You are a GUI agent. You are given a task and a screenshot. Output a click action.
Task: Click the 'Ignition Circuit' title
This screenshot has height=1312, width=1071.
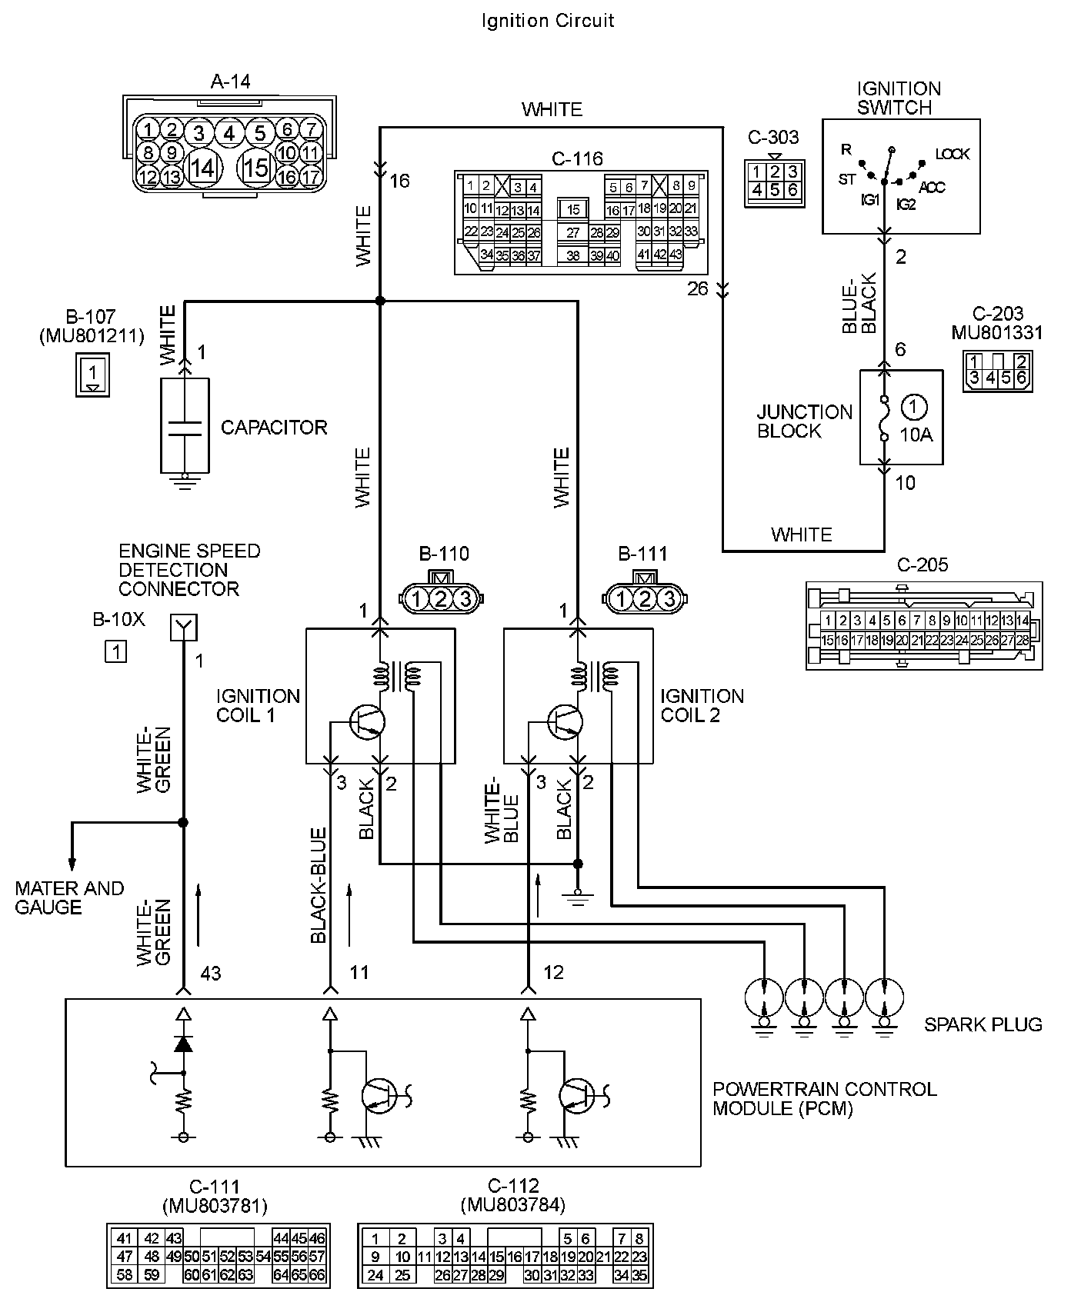(548, 21)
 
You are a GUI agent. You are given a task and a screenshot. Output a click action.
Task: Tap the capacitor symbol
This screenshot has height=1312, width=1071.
(185, 428)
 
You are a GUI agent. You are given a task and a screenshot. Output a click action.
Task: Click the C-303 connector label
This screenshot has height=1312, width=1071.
(773, 138)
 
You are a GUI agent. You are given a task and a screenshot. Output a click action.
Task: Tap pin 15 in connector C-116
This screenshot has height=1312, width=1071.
(572, 209)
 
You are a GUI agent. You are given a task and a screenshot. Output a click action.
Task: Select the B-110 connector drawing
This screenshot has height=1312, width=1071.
(440, 595)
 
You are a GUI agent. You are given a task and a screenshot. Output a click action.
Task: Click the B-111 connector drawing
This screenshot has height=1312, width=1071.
(645, 595)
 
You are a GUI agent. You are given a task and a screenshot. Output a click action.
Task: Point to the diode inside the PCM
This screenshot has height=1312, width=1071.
(183, 1043)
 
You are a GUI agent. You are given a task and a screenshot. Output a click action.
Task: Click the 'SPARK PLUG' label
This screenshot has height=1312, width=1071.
(983, 1024)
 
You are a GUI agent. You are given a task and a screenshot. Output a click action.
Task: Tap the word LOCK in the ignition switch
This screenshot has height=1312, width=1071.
(953, 154)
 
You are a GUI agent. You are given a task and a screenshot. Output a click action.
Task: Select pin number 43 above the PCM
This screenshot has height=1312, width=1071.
(211, 974)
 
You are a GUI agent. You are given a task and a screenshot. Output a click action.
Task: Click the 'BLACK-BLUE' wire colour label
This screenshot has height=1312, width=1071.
(319, 885)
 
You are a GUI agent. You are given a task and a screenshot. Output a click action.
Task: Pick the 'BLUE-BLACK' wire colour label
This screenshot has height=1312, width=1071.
(859, 303)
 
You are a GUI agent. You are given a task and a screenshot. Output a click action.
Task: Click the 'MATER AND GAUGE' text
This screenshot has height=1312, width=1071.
(69, 897)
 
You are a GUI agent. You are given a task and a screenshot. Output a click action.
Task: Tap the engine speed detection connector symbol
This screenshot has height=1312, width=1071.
(184, 628)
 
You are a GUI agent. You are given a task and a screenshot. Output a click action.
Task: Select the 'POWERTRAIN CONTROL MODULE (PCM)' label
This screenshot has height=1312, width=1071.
(825, 1099)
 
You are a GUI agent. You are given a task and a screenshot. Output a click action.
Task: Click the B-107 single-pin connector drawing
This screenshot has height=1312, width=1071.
(92, 374)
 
